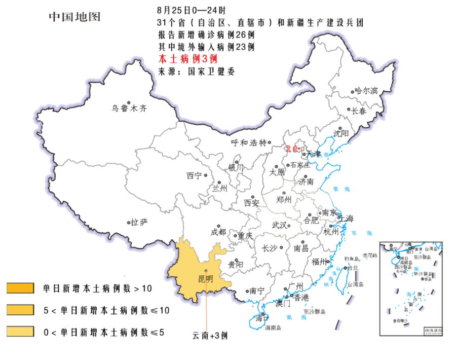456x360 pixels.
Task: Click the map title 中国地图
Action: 74,17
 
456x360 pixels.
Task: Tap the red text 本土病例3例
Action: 188,59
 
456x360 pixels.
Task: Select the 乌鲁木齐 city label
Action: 129,108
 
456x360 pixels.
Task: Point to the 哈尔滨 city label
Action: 366,91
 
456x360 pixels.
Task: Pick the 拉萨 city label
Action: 139,222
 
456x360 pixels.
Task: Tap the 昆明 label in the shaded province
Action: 205,278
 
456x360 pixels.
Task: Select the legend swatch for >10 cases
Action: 20,289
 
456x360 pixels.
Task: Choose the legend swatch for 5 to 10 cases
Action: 20,310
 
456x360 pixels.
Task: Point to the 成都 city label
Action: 218,232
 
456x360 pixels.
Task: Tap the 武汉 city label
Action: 279,225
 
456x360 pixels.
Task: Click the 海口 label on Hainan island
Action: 261,319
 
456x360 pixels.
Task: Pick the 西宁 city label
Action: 194,176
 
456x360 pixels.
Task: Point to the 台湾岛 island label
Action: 356,285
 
